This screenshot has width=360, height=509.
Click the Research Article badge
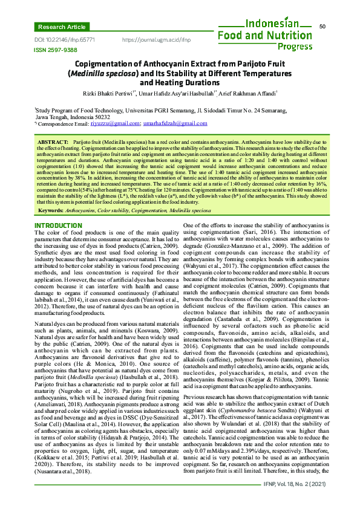pos(61,27)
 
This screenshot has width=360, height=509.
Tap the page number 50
pos(322,27)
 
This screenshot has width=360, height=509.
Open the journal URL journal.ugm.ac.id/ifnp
pos(156,39)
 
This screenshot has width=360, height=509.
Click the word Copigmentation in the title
pos(111,63)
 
